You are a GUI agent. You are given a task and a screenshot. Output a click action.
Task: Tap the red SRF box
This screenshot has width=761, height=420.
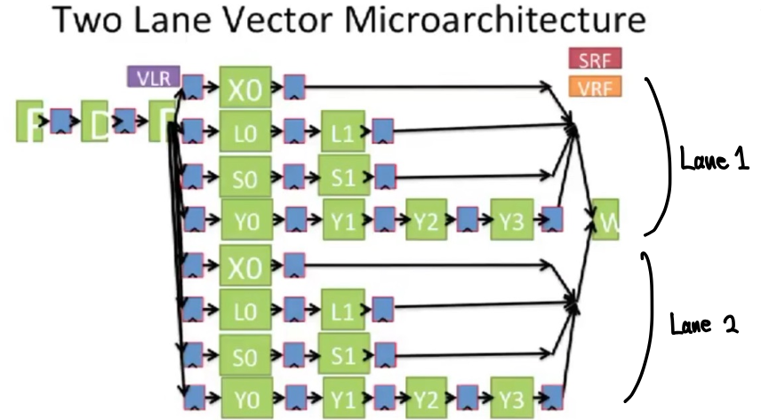pyautogui.click(x=593, y=60)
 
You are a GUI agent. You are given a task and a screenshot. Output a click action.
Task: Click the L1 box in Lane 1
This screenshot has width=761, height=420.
pyautogui.click(x=341, y=131)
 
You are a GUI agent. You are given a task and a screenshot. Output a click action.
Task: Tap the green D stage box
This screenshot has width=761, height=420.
pyautogui.click(x=95, y=122)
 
